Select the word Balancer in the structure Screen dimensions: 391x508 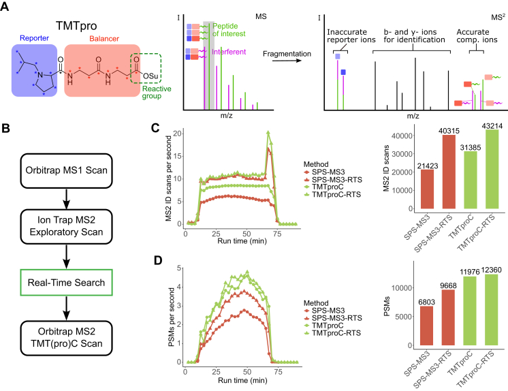(101, 38)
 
